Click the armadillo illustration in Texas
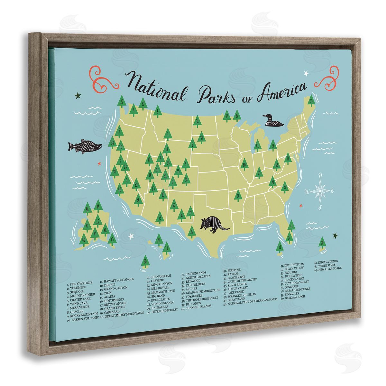tap(214, 223)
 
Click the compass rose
tap(319, 191)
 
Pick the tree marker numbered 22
tap(122, 102)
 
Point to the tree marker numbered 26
tap(192, 232)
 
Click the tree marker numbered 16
tap(238, 195)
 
